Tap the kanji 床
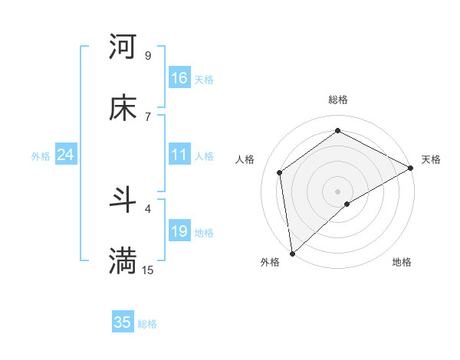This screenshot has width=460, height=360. [123, 109]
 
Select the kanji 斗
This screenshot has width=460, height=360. [123, 201]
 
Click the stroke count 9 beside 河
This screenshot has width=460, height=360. [148, 55]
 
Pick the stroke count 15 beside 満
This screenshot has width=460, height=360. [148, 270]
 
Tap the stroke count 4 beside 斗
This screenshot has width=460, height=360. [148, 208]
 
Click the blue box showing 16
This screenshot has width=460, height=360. [179, 78]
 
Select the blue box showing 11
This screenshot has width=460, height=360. [179, 155]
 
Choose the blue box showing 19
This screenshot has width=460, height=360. [179, 231]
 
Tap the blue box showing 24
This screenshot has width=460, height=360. [65, 155]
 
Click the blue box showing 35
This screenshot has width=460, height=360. [123, 322]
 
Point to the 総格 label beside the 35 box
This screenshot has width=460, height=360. [147, 324]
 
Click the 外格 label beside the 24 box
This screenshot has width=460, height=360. [41, 156]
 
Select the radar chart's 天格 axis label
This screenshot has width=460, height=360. [431, 159]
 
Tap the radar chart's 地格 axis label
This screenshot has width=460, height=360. [402, 263]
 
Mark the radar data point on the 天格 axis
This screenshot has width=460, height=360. [411, 168]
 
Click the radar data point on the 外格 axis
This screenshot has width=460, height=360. [292, 253]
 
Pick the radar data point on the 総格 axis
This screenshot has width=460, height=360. [337, 131]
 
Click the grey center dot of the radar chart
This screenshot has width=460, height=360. [337, 191]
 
